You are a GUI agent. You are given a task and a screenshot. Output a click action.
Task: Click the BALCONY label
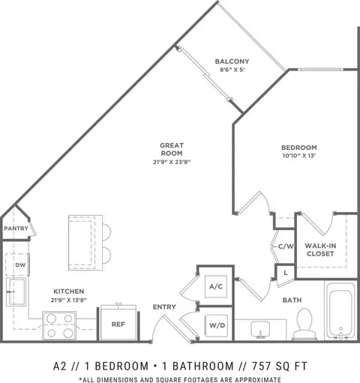pyautogui.click(x=232, y=61)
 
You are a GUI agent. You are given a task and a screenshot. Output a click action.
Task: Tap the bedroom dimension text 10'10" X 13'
pyautogui.click(x=299, y=156)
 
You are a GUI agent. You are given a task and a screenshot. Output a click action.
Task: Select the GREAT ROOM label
pyautogui.click(x=172, y=149)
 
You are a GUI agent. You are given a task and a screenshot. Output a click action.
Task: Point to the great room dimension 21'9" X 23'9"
pyautogui.click(x=172, y=162)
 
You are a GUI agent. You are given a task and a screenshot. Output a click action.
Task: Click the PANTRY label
pyautogui.click(x=16, y=229)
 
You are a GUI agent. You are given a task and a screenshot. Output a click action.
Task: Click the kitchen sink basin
pyautogui.click(x=17, y=292)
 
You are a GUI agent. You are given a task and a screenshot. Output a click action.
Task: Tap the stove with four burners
pyautogui.click(x=59, y=325)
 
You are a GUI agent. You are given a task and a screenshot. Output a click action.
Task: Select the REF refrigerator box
pyautogui.click(x=118, y=324)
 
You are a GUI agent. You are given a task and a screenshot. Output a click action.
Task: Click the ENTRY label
pyautogui.click(x=164, y=307)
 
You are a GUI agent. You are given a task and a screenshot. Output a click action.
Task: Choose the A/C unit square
pyautogui.click(x=216, y=286)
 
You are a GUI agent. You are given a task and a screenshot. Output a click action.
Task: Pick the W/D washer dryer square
pyautogui.click(x=217, y=325)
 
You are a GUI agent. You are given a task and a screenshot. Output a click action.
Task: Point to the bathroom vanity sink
pyautogui.click(x=260, y=330)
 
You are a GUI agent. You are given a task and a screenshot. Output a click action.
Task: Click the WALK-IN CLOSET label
pyautogui.click(x=320, y=250)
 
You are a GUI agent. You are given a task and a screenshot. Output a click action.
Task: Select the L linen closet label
pyautogui.click(x=286, y=273)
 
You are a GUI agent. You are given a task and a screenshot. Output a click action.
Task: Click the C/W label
pyautogui.click(x=286, y=247)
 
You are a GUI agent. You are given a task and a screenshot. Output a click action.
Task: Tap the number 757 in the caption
pyautogui.click(x=261, y=367)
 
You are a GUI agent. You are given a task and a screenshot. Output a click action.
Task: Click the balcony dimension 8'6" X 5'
pyautogui.click(x=232, y=70)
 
